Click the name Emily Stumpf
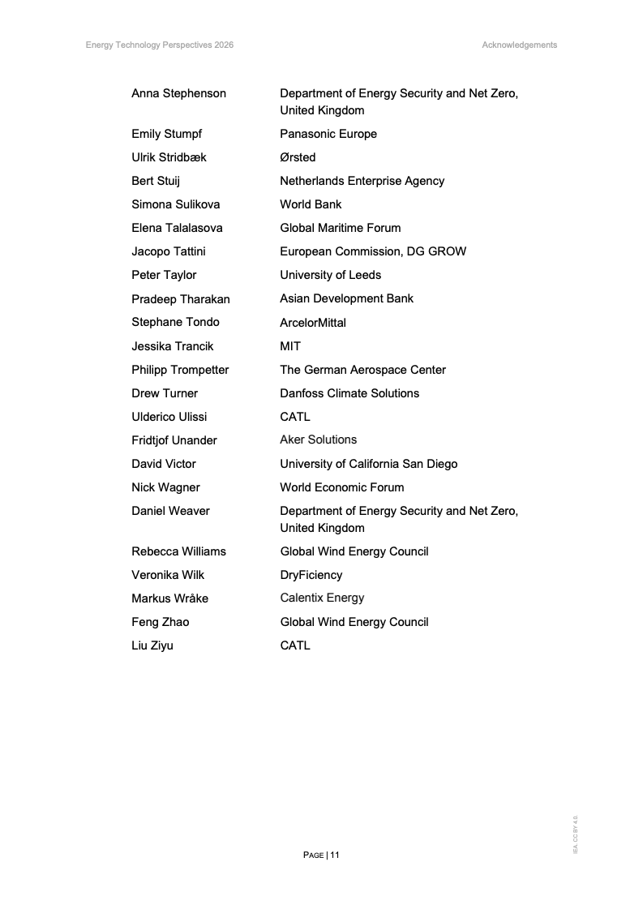click(166, 134)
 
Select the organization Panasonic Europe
click(328, 134)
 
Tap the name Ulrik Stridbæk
click(169, 157)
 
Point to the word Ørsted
click(298, 157)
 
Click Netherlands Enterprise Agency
click(362, 181)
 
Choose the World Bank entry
click(311, 204)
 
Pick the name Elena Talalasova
click(177, 228)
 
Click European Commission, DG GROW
click(373, 251)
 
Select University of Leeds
click(330, 275)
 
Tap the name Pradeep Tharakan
click(180, 298)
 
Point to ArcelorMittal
click(313, 323)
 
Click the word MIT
click(290, 346)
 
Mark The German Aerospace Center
click(362, 370)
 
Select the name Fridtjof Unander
click(174, 440)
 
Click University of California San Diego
click(368, 464)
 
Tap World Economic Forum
click(341, 487)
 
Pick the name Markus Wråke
click(169, 598)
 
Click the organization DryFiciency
click(311, 575)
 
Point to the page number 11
click(335, 855)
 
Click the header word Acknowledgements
click(519, 45)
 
